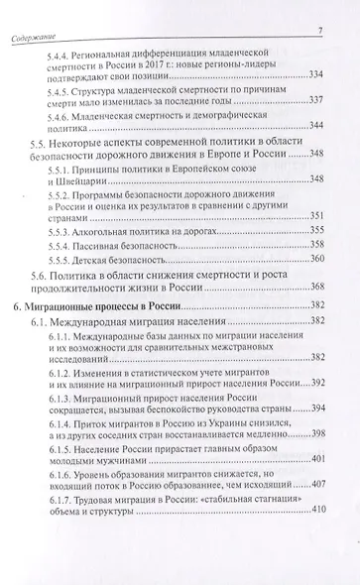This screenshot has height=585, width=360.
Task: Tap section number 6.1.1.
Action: [68, 369]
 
